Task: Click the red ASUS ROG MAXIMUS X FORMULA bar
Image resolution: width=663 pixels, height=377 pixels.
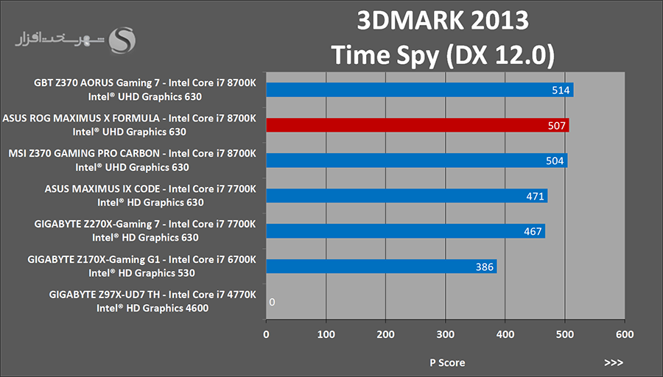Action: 417,125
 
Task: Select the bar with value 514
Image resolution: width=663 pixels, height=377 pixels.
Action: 419,90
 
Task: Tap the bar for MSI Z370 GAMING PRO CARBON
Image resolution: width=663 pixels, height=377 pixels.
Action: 416,161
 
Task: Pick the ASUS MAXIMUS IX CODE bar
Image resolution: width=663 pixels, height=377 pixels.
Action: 406,196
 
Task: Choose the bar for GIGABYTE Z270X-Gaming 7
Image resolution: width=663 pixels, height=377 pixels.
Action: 405,231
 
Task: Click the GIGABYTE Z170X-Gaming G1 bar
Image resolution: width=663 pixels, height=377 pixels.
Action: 381,267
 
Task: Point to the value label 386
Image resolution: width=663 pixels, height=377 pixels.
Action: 484,267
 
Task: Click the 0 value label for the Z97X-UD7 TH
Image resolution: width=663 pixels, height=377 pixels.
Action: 272,302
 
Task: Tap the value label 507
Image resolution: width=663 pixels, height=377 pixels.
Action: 557,126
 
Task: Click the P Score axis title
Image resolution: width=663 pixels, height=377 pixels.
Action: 447,362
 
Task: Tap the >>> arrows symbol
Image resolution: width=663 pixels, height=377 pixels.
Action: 613,362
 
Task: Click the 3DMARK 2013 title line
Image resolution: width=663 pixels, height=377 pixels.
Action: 443,20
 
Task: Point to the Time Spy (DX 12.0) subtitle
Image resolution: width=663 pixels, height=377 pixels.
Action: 443,53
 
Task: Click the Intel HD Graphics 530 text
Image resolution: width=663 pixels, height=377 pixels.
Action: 144,272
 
